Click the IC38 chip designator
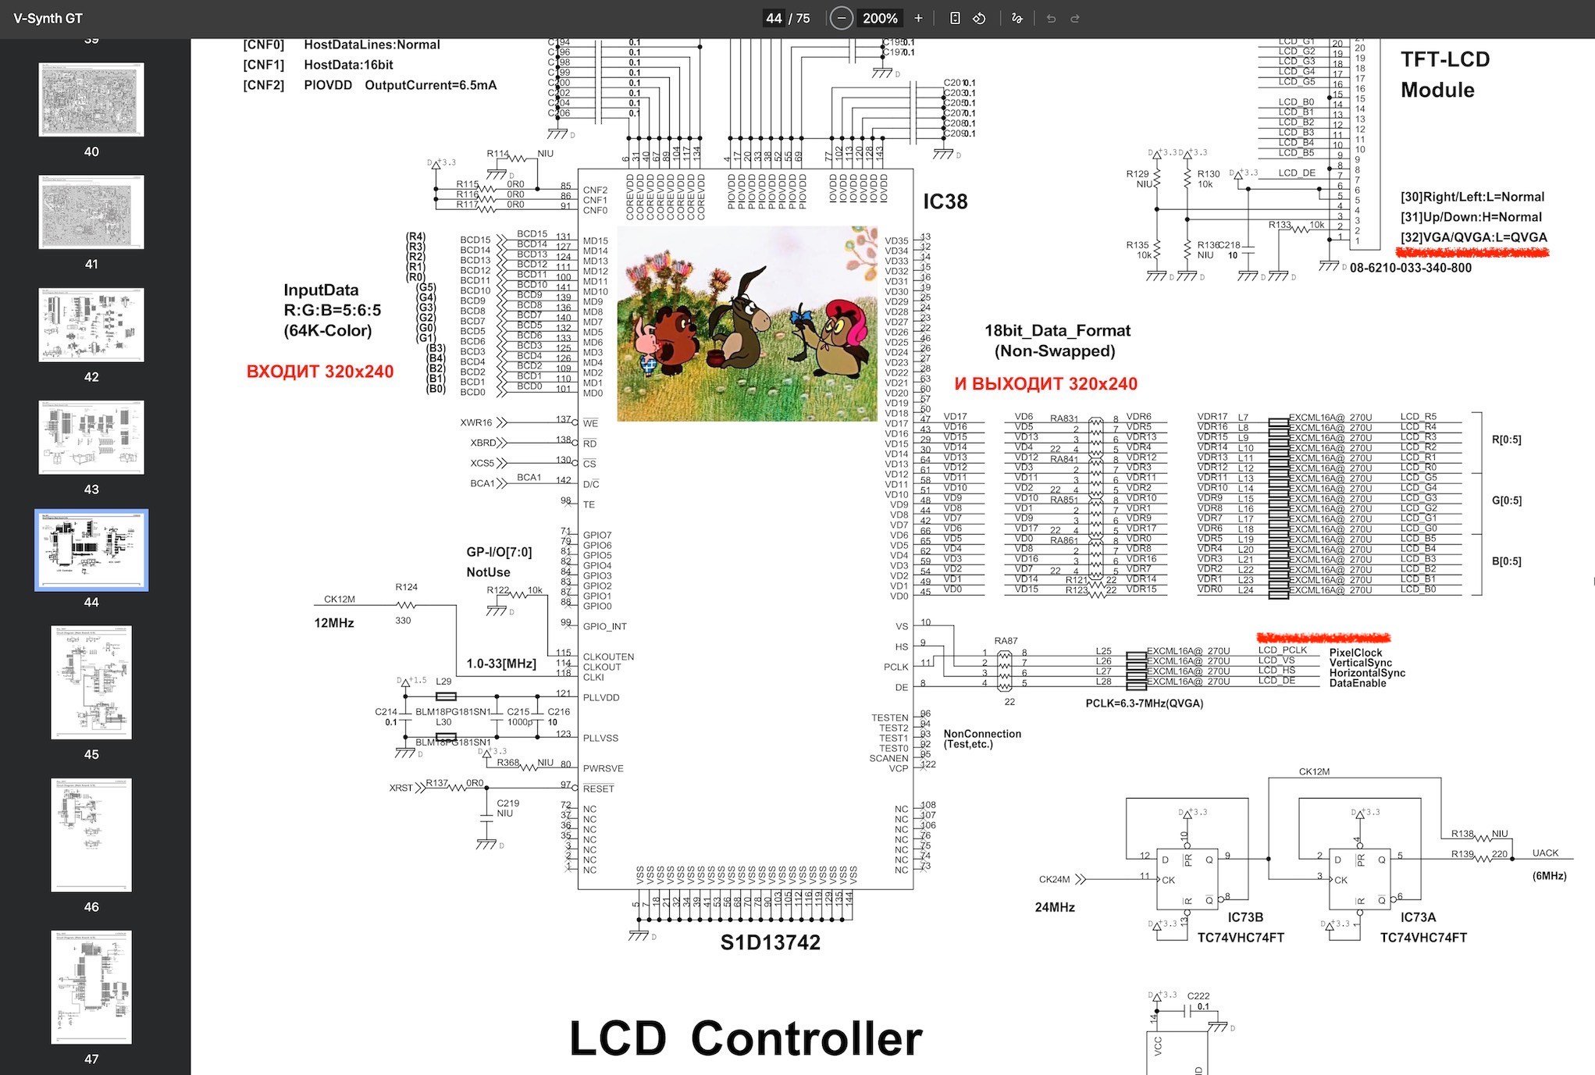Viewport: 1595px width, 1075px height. pyautogui.click(x=945, y=201)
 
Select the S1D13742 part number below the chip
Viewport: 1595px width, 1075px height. pyautogui.click(x=770, y=942)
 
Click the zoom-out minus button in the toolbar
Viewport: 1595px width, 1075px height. pyautogui.click(x=841, y=18)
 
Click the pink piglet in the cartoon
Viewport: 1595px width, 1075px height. pyautogui.click(x=646, y=344)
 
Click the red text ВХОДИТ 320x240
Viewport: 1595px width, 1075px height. pyautogui.click(x=320, y=372)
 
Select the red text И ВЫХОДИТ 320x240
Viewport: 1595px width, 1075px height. pyautogui.click(x=1045, y=384)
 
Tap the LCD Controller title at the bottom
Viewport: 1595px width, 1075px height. pyautogui.click(x=746, y=1038)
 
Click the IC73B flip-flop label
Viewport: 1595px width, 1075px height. pyautogui.click(x=1244, y=917)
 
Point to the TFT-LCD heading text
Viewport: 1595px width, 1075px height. pyautogui.click(x=1444, y=59)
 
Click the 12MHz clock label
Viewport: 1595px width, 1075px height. pyautogui.click(x=334, y=623)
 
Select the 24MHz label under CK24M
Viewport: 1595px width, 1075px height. pyautogui.click(x=1055, y=907)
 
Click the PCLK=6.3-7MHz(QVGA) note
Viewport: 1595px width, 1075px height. pyautogui.click(x=1144, y=703)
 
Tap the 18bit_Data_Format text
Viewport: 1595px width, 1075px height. pyautogui.click(x=1057, y=330)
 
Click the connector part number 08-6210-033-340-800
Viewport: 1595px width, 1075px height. pyautogui.click(x=1410, y=268)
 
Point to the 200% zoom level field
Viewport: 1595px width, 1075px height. pyautogui.click(x=880, y=18)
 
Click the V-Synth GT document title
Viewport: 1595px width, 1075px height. pyautogui.click(x=48, y=18)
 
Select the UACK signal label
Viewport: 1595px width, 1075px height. pyautogui.click(x=1545, y=853)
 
